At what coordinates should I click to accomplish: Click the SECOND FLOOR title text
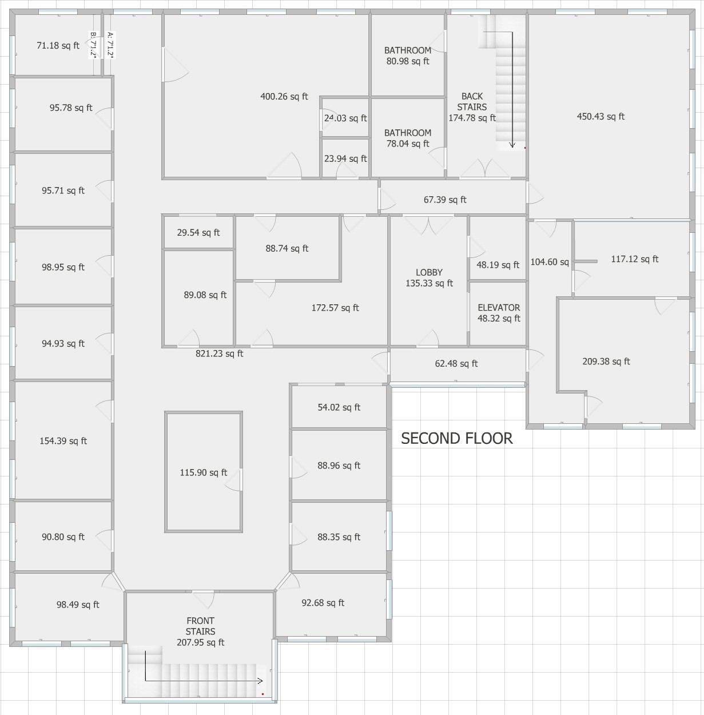click(x=456, y=438)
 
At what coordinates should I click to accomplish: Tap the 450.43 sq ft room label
click(x=600, y=117)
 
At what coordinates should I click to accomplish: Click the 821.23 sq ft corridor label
click(x=219, y=353)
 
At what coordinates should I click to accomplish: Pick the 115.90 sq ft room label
click(x=203, y=472)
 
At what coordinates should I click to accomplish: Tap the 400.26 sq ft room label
click(x=284, y=97)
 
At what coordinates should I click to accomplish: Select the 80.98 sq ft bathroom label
click(x=408, y=56)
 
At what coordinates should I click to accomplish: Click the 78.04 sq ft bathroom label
click(x=408, y=138)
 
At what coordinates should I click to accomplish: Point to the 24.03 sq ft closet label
click(x=345, y=118)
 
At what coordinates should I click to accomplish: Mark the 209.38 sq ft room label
click(x=606, y=362)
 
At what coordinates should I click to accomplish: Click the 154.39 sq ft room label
click(x=63, y=441)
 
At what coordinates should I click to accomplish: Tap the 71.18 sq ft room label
click(x=58, y=46)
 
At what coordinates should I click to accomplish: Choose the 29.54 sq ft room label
click(x=198, y=233)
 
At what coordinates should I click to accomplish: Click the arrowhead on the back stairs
click(x=512, y=145)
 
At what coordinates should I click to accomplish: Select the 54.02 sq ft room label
click(x=339, y=407)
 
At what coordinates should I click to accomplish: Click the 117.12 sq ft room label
click(x=634, y=259)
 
